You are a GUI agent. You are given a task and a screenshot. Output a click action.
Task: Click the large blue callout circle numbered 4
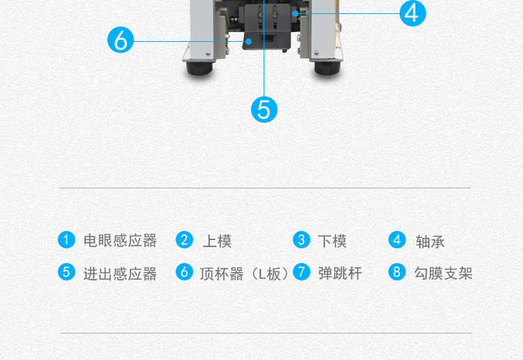pos(413,13)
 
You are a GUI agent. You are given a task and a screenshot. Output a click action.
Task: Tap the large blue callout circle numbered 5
pos(264,110)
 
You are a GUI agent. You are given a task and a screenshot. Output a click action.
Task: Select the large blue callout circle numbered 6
pos(121,40)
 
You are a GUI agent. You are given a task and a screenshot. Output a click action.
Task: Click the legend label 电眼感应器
pos(120,241)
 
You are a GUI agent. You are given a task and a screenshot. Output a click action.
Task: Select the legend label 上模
pos(217,241)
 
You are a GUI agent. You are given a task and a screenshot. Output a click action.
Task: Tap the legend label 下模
pos(332,241)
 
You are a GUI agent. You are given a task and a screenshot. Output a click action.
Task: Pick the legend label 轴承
pos(430,241)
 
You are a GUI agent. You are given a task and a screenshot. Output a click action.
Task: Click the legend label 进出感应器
pos(120,273)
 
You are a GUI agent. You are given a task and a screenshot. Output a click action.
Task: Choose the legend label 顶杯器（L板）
pos(243,273)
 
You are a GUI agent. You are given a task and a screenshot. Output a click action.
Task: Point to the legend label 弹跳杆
pos(340,273)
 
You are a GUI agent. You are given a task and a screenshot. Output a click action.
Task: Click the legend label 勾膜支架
pos(443,273)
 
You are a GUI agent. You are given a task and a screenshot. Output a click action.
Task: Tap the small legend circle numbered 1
pos(66,240)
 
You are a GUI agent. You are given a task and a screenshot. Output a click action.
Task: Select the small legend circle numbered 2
pos(185,240)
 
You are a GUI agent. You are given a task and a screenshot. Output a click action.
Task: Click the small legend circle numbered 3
pos(301,240)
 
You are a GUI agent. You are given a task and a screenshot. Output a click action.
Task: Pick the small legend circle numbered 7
pos(301,272)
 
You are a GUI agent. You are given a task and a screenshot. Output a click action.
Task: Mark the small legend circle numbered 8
pos(397,272)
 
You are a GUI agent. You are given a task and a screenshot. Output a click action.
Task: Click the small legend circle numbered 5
pos(66,272)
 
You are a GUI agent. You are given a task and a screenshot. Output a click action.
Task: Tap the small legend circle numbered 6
pos(185,272)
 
